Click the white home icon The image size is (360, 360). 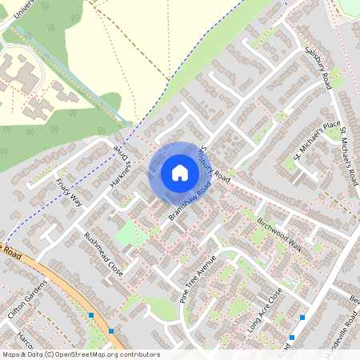tap(180, 173)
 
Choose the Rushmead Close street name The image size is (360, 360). tap(103, 254)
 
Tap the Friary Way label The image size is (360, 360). tap(70, 189)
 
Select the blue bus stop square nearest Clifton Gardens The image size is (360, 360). tap(91, 316)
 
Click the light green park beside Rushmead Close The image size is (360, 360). tap(126, 234)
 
